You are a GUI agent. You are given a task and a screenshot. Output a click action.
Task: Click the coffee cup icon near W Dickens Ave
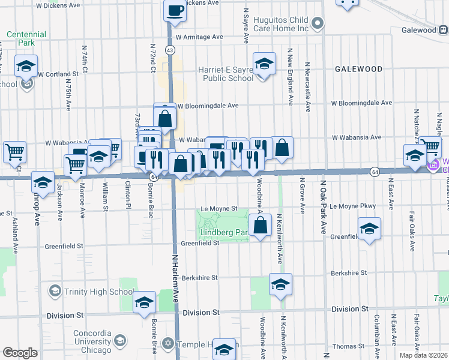(x=175, y=11)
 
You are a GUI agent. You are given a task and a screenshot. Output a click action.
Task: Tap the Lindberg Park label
(x=222, y=232)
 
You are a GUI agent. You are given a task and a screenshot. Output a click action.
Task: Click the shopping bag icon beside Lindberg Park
(x=261, y=226)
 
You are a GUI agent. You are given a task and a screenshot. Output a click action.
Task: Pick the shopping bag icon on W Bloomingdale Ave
(x=166, y=118)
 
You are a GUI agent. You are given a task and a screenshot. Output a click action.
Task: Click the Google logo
(x=20, y=353)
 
